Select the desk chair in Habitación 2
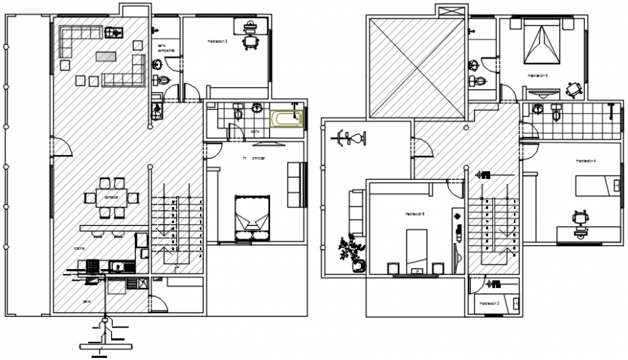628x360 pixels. pyautogui.click(x=251, y=42)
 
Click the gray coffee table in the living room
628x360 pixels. pyautogui.click(x=105, y=56)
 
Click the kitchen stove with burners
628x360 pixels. pyautogui.click(x=92, y=266)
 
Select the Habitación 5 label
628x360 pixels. pyautogui.click(x=537, y=74)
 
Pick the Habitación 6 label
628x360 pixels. pyautogui.click(x=414, y=214)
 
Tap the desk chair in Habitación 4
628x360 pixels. pyautogui.click(x=578, y=217)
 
